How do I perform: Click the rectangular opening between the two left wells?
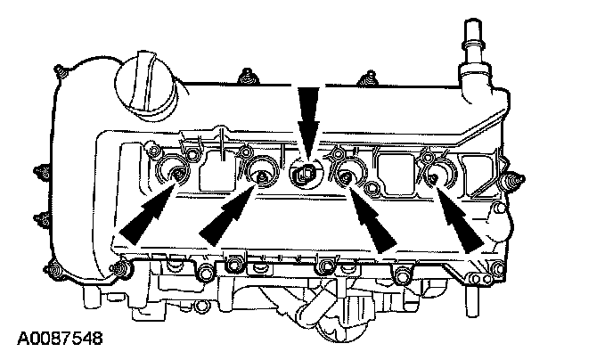[217, 169]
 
